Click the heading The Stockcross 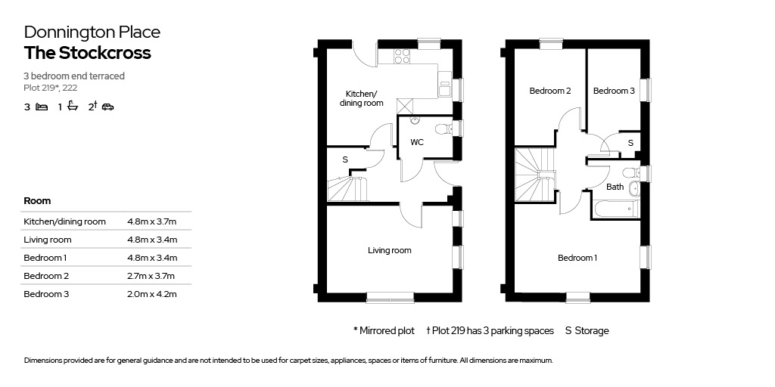pyautogui.click(x=88, y=53)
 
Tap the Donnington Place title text pyautogui.click(x=92, y=32)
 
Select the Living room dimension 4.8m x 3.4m pyautogui.click(x=152, y=240)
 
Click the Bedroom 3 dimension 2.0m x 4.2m pyautogui.click(x=151, y=294)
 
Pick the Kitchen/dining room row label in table pyautogui.click(x=65, y=221)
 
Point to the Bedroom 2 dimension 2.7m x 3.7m pyautogui.click(x=151, y=276)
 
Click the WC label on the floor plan pyautogui.click(x=417, y=142)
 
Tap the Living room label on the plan pyautogui.click(x=390, y=251)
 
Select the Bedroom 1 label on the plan pyautogui.click(x=577, y=258)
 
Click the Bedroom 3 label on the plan pyautogui.click(x=614, y=91)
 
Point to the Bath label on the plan pyautogui.click(x=615, y=187)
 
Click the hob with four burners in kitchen pyautogui.click(x=402, y=56)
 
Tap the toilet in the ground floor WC pyautogui.click(x=443, y=129)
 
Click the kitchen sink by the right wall pyautogui.click(x=444, y=84)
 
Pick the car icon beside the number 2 pyautogui.click(x=107, y=107)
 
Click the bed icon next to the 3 pyautogui.click(x=42, y=107)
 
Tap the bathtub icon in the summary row pyautogui.click(x=73, y=106)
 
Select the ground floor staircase pyautogui.click(x=347, y=187)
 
